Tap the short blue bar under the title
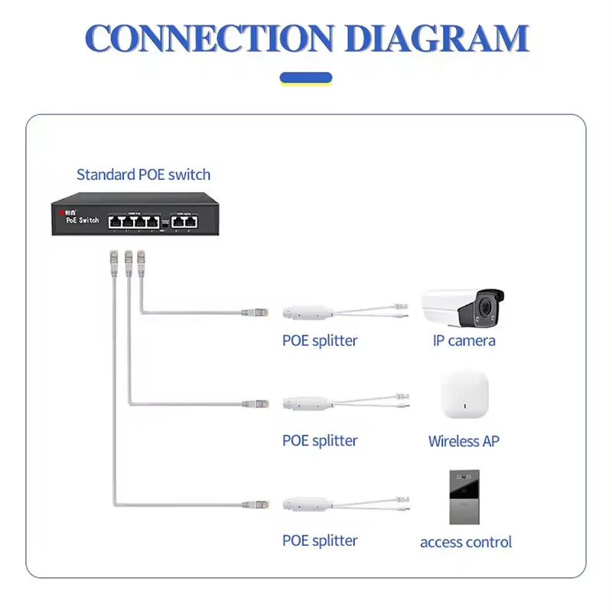pyautogui.click(x=306, y=77)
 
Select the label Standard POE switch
pyautogui.click(x=143, y=175)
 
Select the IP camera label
pyautogui.click(x=464, y=341)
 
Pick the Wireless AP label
pyautogui.click(x=464, y=441)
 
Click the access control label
pyautogui.click(x=466, y=542)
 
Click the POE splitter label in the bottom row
pyautogui.click(x=320, y=541)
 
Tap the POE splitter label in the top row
pyautogui.click(x=320, y=341)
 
